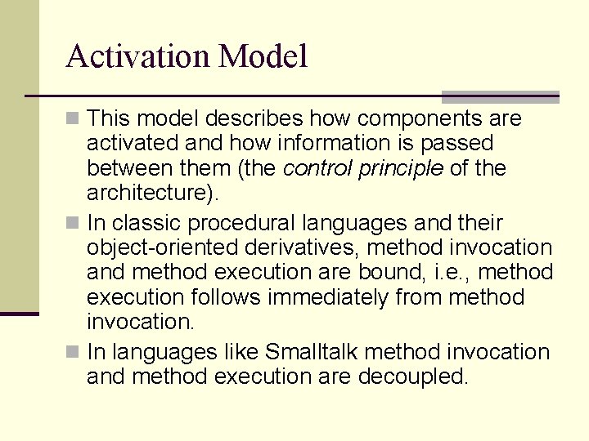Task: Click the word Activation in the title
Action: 138,57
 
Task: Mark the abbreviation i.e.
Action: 476,272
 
